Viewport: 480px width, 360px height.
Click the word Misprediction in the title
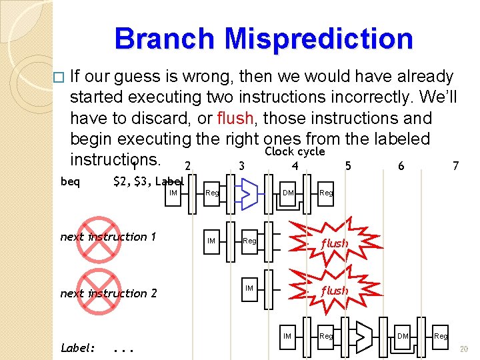click(319, 38)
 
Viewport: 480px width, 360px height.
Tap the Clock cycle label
click(295, 151)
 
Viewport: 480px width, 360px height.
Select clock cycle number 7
click(455, 165)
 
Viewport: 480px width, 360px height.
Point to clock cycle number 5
click(347, 165)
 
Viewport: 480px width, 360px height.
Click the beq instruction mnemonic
click(70, 181)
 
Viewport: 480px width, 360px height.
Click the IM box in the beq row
click(173, 193)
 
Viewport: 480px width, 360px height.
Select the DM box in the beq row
click(288, 193)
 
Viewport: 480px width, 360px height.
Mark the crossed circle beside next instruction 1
click(97, 237)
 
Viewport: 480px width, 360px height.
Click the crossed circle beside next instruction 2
click(97, 292)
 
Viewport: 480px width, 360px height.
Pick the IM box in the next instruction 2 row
click(249, 288)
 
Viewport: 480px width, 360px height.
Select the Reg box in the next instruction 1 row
click(249, 241)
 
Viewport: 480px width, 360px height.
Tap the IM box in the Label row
click(287, 336)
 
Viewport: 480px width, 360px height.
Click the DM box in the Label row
click(403, 336)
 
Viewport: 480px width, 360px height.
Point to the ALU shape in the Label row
click(363, 337)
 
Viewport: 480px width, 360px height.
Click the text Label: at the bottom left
click(78, 347)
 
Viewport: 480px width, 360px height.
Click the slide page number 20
click(464, 348)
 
